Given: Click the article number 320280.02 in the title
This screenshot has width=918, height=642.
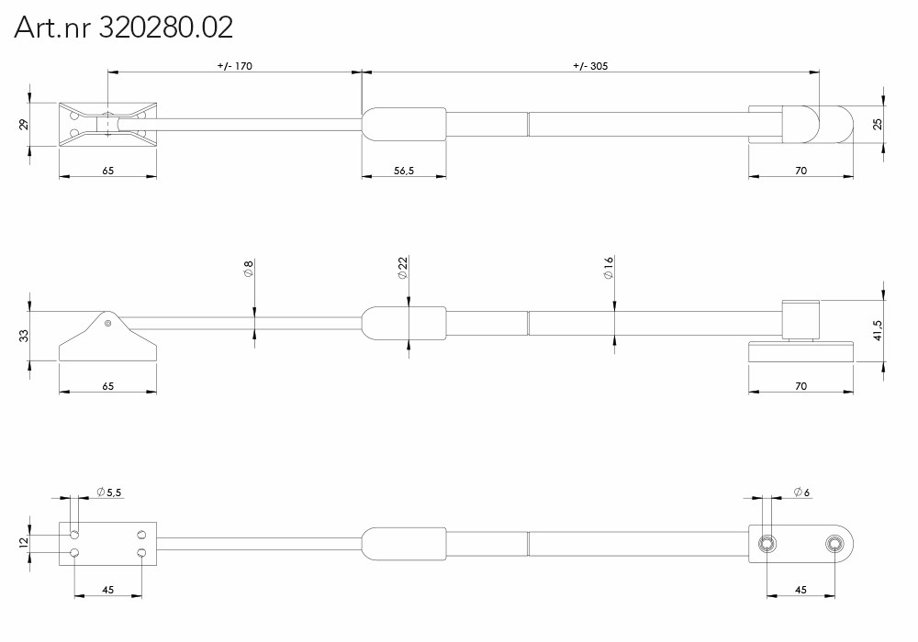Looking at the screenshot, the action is coord(165,27).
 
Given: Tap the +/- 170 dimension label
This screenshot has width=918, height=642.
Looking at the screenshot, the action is coord(235,66).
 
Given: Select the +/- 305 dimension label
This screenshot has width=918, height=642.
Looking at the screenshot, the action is coord(590,66).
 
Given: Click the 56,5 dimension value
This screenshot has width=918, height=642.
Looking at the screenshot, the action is coord(404,171).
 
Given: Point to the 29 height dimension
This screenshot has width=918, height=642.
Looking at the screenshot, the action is coord(24,125).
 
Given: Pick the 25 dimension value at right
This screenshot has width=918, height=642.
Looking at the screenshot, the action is coord(877,124).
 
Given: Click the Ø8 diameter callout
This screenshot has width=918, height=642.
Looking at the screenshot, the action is coord(248,269).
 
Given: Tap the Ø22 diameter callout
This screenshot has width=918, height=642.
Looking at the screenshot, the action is coord(402,268).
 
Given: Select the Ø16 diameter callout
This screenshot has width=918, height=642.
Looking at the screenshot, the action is coord(609,268).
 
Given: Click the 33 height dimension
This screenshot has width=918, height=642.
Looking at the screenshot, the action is coord(24,337).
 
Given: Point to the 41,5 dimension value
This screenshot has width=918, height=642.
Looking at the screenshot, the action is coord(877,331).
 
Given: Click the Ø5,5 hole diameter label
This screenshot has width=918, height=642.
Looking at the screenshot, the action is coord(109,493).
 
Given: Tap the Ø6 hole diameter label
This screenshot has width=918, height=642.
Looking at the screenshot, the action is coord(801,493).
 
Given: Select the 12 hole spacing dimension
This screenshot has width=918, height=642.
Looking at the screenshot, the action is coord(24,543).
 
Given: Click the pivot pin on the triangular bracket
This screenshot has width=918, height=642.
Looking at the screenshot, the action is coord(107,323).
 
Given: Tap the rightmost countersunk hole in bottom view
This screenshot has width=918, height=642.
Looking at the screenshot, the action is coord(834,544).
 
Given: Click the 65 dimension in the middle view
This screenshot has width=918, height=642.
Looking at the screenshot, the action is coord(107,386).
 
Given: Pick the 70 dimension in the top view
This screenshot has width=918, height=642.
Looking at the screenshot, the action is coord(800,171).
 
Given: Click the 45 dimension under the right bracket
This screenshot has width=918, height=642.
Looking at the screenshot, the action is coord(800,590).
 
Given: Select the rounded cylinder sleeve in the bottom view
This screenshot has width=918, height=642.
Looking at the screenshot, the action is coord(404,544).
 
